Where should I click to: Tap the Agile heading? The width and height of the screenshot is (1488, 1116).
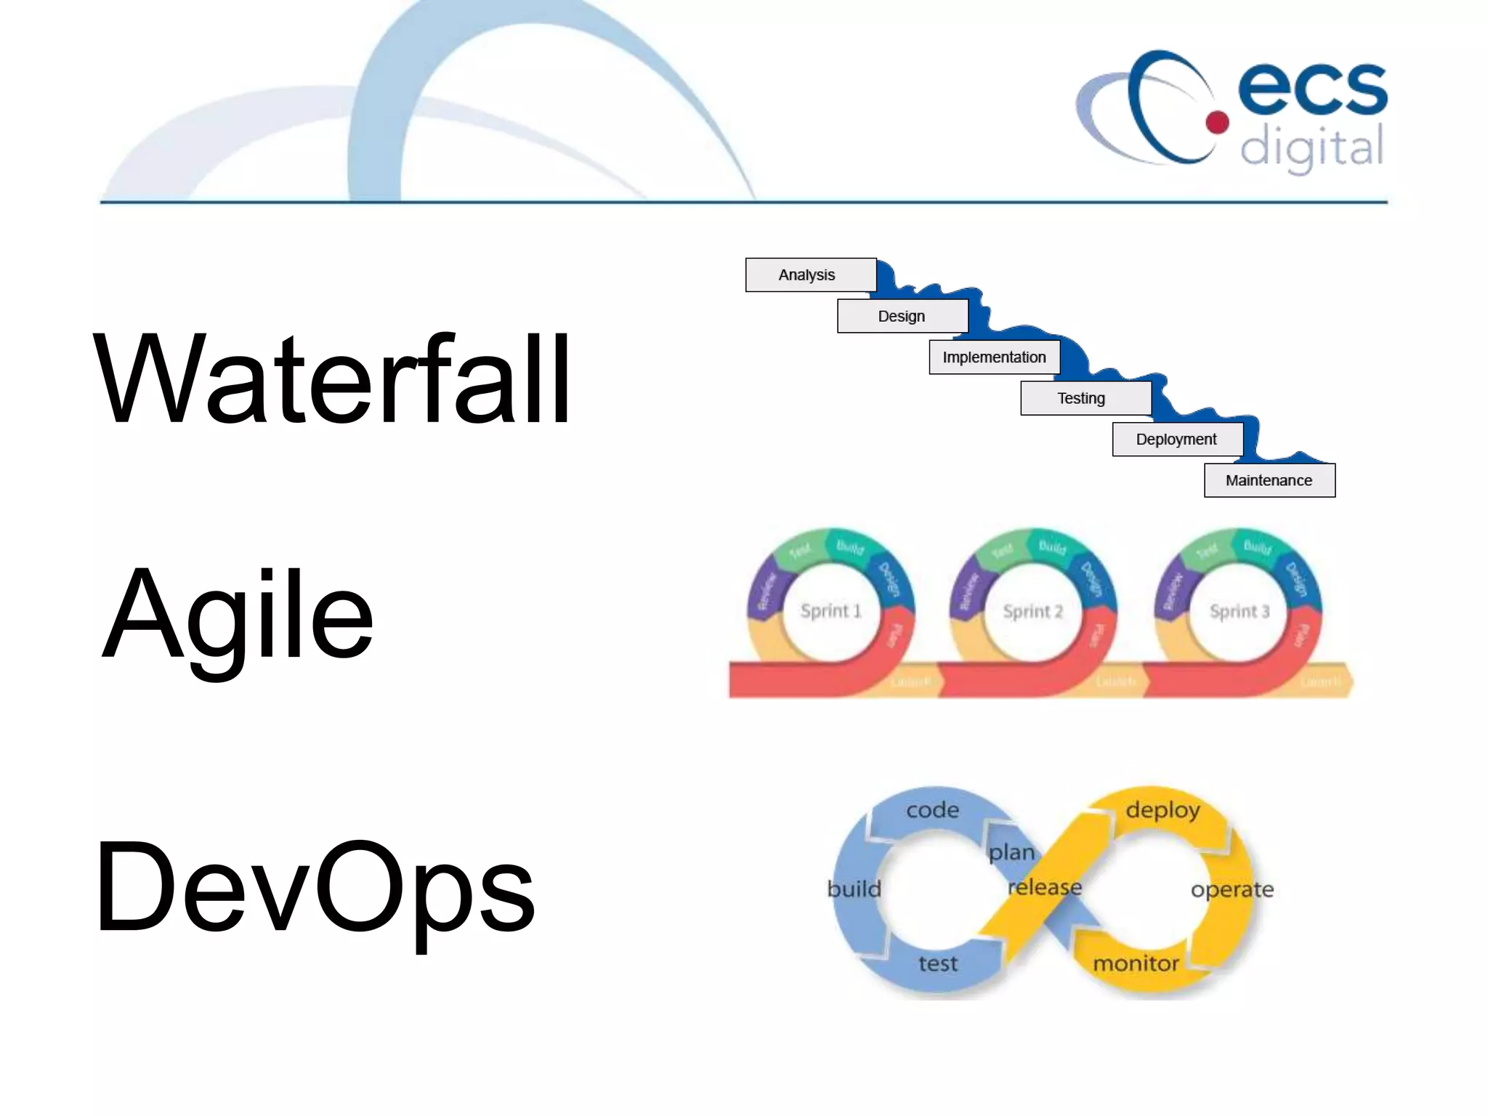pos(238,615)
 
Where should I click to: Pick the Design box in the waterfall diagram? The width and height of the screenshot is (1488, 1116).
pos(902,316)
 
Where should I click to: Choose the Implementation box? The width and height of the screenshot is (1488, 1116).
pos(994,357)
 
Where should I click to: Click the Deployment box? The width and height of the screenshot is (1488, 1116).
pos(1176,440)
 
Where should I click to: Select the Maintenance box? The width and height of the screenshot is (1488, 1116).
pos(1269,480)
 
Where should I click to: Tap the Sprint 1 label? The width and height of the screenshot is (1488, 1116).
pos(830,611)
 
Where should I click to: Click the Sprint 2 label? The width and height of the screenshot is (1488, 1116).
pos(1032,612)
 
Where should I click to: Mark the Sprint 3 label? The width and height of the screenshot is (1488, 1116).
pos(1240,612)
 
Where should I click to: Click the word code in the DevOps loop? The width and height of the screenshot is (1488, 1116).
pos(932,810)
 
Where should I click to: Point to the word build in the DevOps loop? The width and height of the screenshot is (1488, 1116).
pos(854,889)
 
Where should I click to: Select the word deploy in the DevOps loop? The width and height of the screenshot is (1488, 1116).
pos(1162,810)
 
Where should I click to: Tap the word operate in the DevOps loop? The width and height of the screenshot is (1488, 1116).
pos(1232,889)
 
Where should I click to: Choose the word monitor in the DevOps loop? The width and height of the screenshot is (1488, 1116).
pos(1136,963)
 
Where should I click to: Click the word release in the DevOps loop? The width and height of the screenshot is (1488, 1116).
pos(1045,887)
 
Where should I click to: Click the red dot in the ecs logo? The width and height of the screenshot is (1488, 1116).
pos(1217,122)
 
